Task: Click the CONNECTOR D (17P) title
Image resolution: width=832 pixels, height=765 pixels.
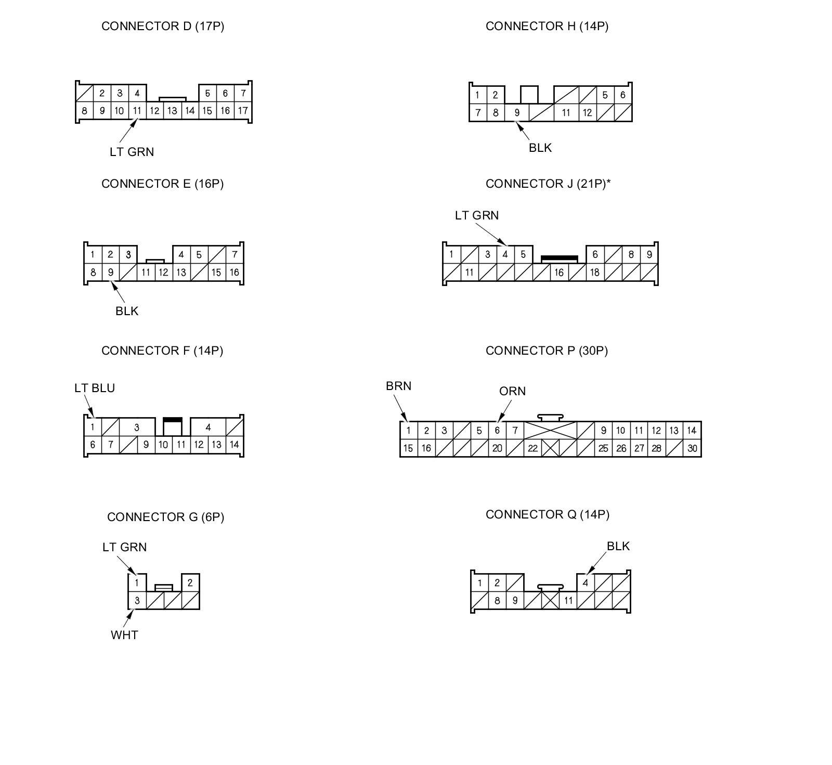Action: [163, 26]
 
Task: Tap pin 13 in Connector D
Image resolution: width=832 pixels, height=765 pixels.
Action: [172, 110]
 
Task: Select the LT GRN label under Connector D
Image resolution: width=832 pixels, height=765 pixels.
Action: [132, 152]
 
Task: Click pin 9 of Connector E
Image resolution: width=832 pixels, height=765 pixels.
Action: [110, 272]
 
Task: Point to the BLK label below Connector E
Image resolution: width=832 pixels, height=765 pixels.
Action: [127, 311]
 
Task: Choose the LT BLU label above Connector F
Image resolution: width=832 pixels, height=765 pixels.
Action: [95, 388]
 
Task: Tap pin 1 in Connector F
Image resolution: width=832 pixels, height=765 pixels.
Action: [93, 427]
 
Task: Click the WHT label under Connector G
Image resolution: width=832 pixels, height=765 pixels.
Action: [124, 635]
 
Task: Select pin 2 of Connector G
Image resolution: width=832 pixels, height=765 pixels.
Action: [190, 582]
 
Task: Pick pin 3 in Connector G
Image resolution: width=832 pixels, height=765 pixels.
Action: [137, 600]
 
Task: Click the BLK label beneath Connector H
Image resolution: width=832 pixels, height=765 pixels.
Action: [540, 148]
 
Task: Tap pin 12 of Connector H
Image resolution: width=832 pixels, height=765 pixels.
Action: [587, 112]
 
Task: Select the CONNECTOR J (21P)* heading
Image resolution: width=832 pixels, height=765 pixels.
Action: [548, 184]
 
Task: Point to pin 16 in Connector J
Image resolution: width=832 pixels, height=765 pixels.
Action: [559, 272]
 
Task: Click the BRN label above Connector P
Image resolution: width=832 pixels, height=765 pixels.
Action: [398, 386]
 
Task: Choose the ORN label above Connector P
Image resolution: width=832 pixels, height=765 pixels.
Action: [512, 391]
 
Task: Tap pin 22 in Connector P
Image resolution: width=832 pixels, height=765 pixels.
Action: [532, 448]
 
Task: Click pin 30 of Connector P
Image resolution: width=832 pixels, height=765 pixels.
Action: [692, 448]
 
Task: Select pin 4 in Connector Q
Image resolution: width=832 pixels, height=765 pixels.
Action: [586, 582]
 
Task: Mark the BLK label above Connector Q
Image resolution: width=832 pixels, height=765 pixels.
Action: [618, 546]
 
